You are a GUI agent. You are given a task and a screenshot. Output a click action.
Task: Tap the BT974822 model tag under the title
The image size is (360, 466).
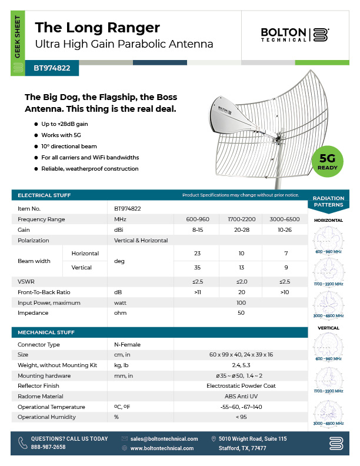pos(52,68)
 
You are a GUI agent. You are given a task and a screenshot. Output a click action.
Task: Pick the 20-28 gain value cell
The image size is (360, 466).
pos(240,229)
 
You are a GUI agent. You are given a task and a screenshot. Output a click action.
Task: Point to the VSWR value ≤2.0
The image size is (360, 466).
pos(240,281)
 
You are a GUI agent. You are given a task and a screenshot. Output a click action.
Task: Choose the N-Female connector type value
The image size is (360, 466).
pos(127,344)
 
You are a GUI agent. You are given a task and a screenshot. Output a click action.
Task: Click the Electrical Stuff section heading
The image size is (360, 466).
pos(45,195)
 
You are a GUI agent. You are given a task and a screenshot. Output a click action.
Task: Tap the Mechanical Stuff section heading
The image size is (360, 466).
pos(46,332)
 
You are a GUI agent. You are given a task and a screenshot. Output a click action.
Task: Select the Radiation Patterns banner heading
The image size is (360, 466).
pos(328,202)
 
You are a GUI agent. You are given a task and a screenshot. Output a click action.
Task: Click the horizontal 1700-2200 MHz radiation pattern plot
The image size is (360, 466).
pos(328,268)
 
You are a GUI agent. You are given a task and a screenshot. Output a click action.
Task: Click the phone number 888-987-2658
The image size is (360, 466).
pos(48,448)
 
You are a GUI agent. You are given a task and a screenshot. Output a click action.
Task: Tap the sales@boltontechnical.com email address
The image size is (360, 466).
pos(164,439)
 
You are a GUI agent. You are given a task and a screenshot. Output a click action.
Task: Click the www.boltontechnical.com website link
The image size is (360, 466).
pos(162,448)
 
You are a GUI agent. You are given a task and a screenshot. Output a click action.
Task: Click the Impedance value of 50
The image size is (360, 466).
pos(240,313)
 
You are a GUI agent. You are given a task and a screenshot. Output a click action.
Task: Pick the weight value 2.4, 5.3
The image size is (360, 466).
pos(240,365)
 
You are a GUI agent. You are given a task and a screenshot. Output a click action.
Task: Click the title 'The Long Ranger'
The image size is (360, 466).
pos(98,27)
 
